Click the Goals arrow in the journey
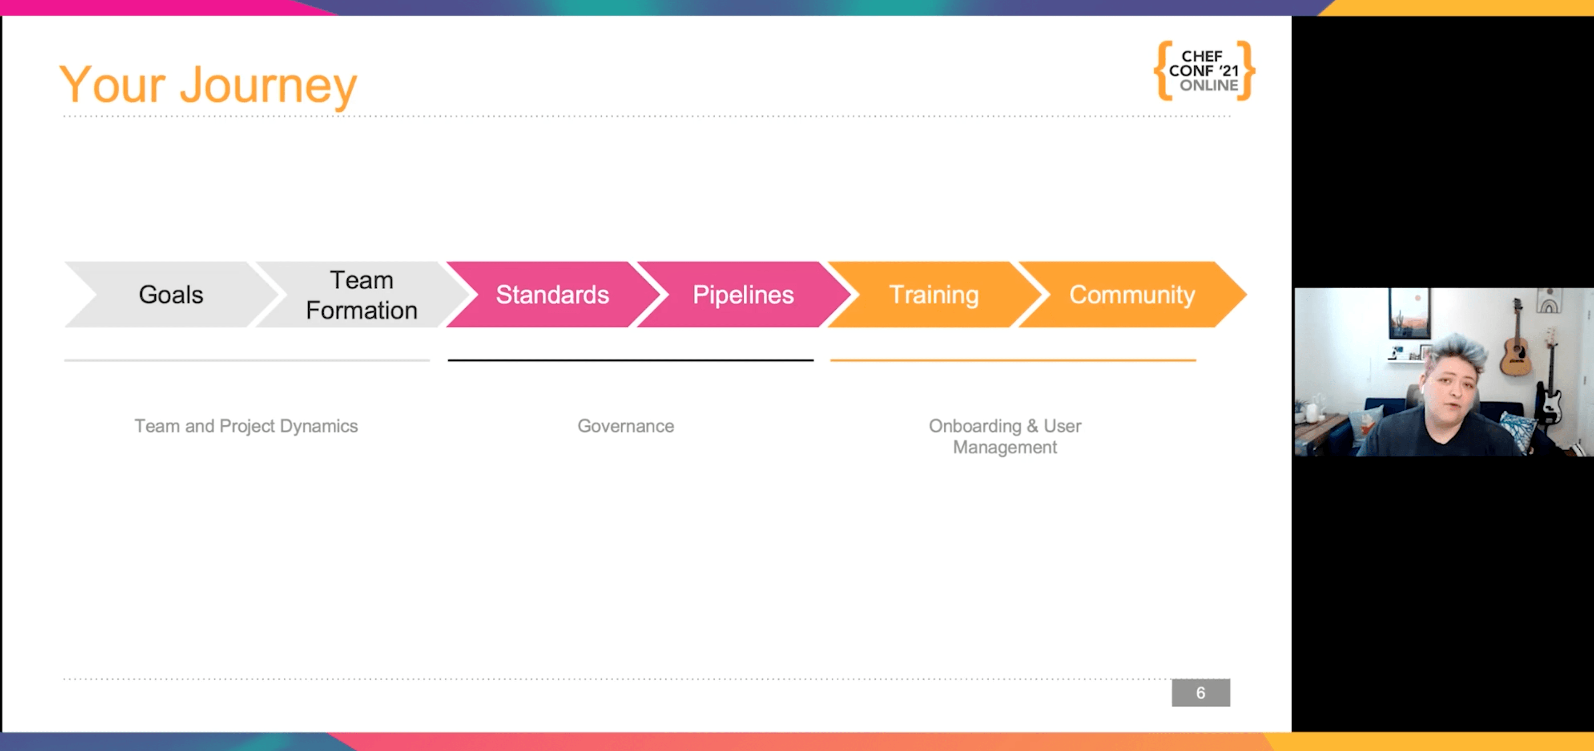(171, 295)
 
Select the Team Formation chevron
(362, 295)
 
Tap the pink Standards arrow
(552, 295)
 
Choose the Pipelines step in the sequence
(743, 295)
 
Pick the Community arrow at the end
(1132, 295)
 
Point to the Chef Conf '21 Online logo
(1204, 71)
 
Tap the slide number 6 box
(1200, 693)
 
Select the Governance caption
(626, 426)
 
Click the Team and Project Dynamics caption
(246, 426)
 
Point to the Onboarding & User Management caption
(1005, 436)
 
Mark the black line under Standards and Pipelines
(631, 360)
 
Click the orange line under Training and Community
(1013, 360)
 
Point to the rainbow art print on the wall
(1550, 300)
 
